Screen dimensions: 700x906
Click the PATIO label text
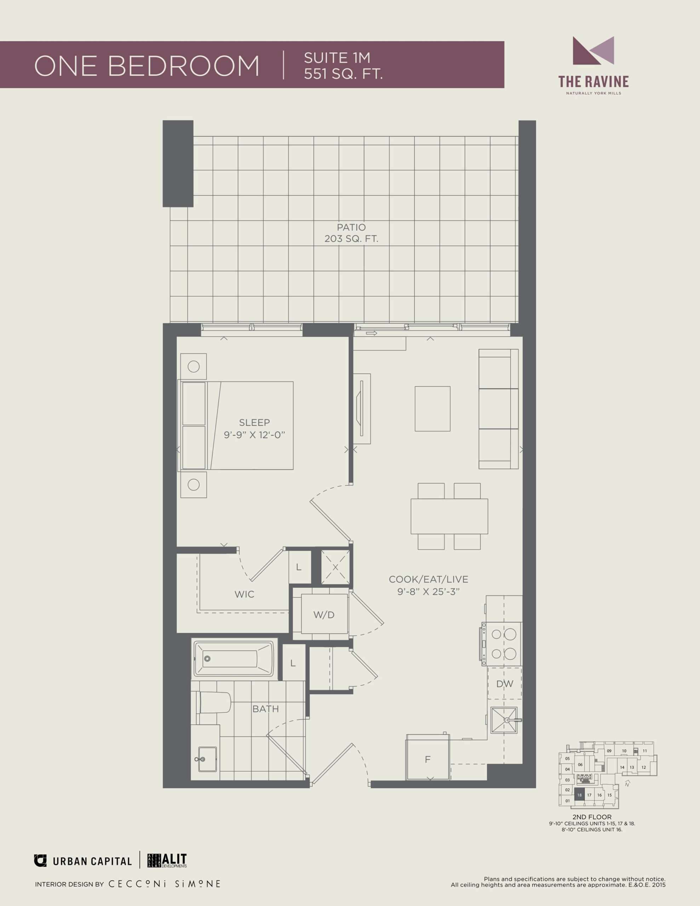[351, 227]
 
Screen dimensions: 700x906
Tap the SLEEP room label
[254, 422]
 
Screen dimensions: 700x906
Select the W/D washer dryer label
[324, 615]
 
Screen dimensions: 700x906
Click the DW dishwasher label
[505, 684]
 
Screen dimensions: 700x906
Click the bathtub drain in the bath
[207, 659]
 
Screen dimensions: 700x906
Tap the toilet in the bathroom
[214, 702]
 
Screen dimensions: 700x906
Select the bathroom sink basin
[207, 759]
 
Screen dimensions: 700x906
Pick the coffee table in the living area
[432, 409]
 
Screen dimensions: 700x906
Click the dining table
[449, 516]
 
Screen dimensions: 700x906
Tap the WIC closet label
[245, 594]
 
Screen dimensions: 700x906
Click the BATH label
[265, 709]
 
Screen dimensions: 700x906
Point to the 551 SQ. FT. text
[343, 74]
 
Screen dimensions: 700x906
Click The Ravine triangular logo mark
[593, 51]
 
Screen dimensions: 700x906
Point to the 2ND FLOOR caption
[592, 817]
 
